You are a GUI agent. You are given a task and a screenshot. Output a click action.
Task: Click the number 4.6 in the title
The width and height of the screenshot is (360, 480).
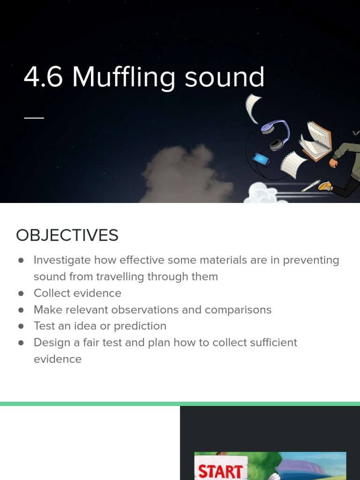pos(43,77)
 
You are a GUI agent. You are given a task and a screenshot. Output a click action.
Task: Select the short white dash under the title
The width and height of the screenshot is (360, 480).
pos(34,117)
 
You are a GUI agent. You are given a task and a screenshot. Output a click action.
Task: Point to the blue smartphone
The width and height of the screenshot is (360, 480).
pos(261,160)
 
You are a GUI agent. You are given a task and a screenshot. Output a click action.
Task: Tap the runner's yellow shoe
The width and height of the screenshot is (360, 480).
pos(325,186)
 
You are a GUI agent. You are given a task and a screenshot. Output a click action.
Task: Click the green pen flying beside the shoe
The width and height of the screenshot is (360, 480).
pos(310,186)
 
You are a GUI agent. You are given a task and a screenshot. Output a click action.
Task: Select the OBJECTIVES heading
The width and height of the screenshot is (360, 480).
pos(67,235)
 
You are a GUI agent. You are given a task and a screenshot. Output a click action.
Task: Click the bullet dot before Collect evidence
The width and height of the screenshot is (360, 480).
pos(21,293)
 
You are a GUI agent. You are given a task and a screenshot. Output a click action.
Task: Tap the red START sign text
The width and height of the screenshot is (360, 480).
pos(220,470)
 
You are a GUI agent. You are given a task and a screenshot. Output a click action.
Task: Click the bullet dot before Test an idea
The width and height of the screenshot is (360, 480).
pos(21,326)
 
